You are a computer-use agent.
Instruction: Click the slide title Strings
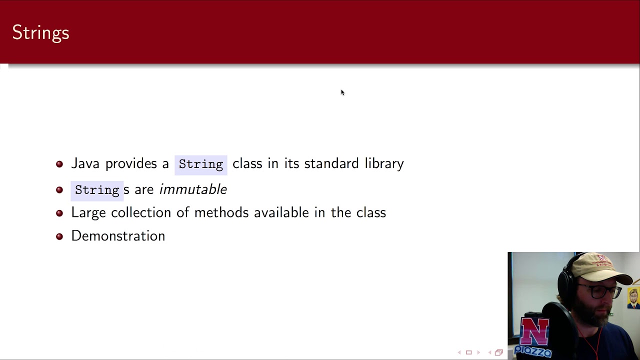(x=40, y=33)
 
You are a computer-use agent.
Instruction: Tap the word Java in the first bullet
(x=85, y=163)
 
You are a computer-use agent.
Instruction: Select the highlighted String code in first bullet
(x=201, y=164)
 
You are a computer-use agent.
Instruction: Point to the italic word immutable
(x=193, y=189)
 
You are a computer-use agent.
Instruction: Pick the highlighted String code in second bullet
(x=97, y=190)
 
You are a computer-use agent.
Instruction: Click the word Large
(x=88, y=212)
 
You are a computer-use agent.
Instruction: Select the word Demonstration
(x=118, y=236)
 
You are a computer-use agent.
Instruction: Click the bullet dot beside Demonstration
(x=59, y=236)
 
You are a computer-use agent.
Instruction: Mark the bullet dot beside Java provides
(x=59, y=164)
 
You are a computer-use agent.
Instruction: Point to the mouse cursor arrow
(x=342, y=92)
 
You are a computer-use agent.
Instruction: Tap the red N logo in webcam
(x=535, y=331)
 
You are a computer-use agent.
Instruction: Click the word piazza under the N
(x=533, y=351)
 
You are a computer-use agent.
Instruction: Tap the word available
(x=281, y=212)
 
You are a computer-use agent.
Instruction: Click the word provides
(x=131, y=163)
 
